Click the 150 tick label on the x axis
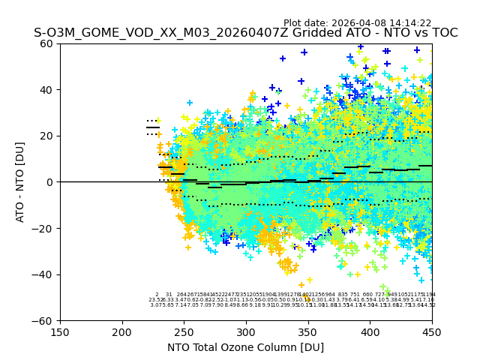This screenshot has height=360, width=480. click(60, 331)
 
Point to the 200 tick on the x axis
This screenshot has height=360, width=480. click(122, 331)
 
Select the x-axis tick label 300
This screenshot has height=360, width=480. click(246, 331)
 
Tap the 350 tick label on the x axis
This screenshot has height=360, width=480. click(308, 331)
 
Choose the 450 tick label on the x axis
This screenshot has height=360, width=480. click(432, 331)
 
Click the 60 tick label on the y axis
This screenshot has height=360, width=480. click(47, 43)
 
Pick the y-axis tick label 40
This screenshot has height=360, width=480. click(47, 90)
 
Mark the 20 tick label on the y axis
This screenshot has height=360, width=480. click(47, 136)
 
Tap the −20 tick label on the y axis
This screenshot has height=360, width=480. click(44, 228)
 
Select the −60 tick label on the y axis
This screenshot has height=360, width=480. click(44, 320)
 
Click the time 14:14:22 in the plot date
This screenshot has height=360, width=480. click(406, 23)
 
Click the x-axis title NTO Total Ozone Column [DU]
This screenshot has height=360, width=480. click(245, 347)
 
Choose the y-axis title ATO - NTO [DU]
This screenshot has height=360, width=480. click(20, 182)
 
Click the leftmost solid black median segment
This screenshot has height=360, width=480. click(153, 127)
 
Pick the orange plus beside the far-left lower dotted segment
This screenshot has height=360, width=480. click(159, 135)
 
